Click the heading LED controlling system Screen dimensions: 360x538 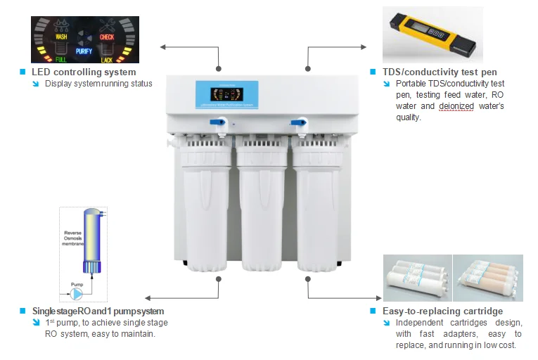[84, 72]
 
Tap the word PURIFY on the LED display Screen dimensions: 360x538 [84, 51]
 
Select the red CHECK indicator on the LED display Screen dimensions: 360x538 [107, 37]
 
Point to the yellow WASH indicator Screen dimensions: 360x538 [61, 36]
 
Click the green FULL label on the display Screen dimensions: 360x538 [61, 60]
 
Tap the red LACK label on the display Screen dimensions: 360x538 [107, 60]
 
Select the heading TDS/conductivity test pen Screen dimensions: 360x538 [437, 72]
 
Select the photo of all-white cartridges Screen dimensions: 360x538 [416, 280]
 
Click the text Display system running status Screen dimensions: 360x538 [98, 84]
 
